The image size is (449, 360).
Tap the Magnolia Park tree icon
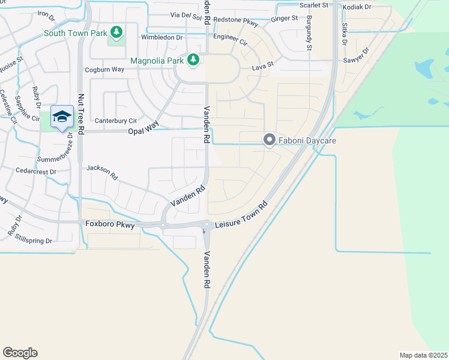(x=193, y=59)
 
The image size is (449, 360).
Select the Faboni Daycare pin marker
(x=270, y=140)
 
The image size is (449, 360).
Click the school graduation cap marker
(x=61, y=116)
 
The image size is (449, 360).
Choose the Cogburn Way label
(x=104, y=70)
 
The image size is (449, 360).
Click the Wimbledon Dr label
(x=161, y=37)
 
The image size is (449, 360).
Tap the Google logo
(x=20, y=353)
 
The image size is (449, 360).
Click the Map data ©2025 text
(x=423, y=355)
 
